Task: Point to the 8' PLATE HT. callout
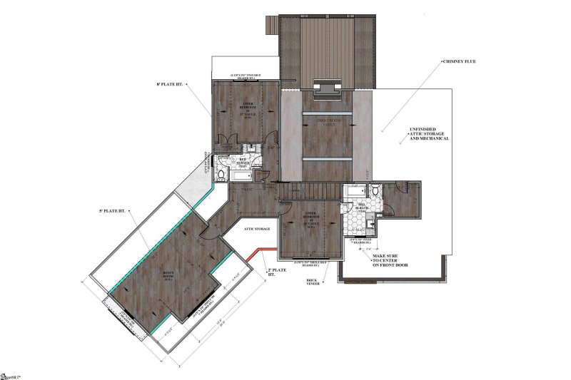(x=169, y=84)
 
